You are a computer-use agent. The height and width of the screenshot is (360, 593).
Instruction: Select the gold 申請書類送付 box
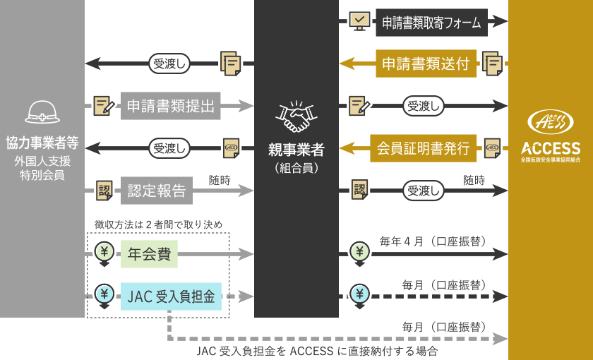tap(426, 64)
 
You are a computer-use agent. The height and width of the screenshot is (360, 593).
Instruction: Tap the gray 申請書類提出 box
tap(172, 106)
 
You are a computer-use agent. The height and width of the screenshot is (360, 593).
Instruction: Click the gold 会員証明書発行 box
tap(423, 148)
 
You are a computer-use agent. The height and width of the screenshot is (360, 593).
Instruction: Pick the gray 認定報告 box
tap(156, 191)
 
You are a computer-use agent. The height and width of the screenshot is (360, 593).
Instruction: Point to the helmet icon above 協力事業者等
tap(42, 112)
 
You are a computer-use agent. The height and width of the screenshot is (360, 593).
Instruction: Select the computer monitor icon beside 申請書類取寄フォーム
tap(359, 22)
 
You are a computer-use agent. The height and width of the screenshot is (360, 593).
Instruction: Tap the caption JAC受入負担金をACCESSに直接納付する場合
tap(317, 351)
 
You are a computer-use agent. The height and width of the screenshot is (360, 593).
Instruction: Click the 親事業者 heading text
tap(296, 150)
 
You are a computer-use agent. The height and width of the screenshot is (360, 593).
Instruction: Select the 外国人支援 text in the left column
tap(42, 161)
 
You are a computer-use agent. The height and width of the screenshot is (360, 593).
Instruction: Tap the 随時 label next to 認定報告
tap(219, 180)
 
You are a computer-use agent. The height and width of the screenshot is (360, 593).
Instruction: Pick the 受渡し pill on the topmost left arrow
tap(169, 64)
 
